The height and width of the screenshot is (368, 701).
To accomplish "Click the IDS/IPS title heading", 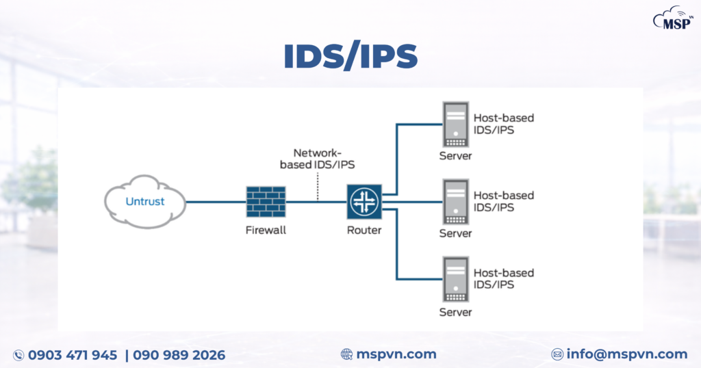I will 350,59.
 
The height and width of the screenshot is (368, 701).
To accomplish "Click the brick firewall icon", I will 266,202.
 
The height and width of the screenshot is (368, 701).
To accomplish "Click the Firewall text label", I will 266,231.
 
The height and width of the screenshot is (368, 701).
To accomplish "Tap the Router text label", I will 364,231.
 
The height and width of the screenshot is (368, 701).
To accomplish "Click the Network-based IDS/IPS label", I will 318,159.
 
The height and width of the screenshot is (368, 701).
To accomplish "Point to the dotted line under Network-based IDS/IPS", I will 318,185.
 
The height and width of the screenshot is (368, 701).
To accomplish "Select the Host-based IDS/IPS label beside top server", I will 503,124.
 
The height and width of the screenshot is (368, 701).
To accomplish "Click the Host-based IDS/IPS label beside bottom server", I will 503,278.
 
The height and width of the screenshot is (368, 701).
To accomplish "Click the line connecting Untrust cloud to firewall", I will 216,202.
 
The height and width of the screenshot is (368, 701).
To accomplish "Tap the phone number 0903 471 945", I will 73,355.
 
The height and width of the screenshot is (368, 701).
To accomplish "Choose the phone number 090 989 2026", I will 179,355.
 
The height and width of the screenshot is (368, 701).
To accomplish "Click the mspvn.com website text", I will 396,354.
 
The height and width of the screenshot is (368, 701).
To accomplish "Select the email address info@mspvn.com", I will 626,354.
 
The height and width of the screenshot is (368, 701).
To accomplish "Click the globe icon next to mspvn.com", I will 347,354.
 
